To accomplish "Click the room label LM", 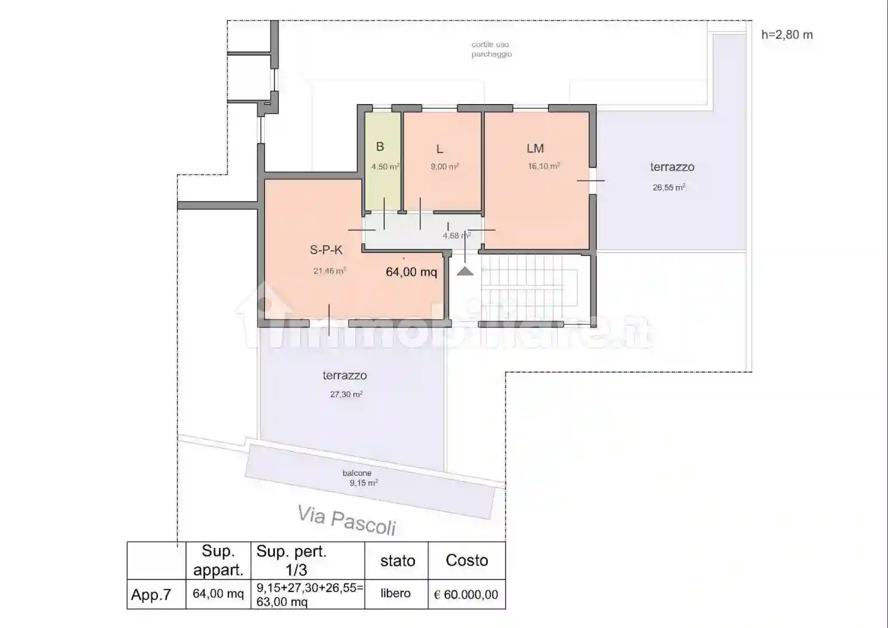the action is pyautogui.click(x=535, y=149).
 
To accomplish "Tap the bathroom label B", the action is pyautogui.click(x=380, y=147).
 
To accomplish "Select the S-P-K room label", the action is pyautogui.click(x=326, y=250).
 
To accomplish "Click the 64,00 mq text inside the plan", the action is pyautogui.click(x=411, y=272).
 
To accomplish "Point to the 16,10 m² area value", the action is pyautogui.click(x=544, y=166).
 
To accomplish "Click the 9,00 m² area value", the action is pyautogui.click(x=445, y=166).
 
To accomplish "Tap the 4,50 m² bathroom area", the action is pyautogui.click(x=385, y=166).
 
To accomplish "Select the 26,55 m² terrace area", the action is pyautogui.click(x=669, y=187).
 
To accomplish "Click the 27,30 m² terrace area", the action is pyautogui.click(x=346, y=394).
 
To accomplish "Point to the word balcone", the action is pyautogui.click(x=357, y=473).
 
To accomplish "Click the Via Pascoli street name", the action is pyautogui.click(x=347, y=520).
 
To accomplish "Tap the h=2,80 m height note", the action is pyautogui.click(x=787, y=35).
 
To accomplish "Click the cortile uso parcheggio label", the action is pyautogui.click(x=492, y=50).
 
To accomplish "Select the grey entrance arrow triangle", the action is pyautogui.click(x=465, y=271).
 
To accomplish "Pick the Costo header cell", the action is pyautogui.click(x=467, y=560).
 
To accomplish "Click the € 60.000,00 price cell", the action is pyautogui.click(x=466, y=595).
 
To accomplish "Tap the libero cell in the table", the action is pyautogui.click(x=396, y=593).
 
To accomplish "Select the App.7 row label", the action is pyautogui.click(x=151, y=595).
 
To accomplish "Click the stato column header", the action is pyautogui.click(x=398, y=561).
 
